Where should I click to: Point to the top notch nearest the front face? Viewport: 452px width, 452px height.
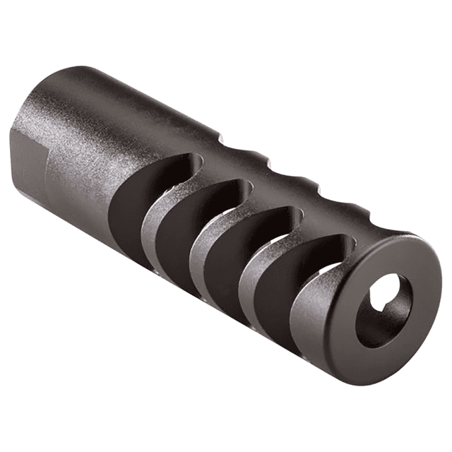(352, 208)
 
